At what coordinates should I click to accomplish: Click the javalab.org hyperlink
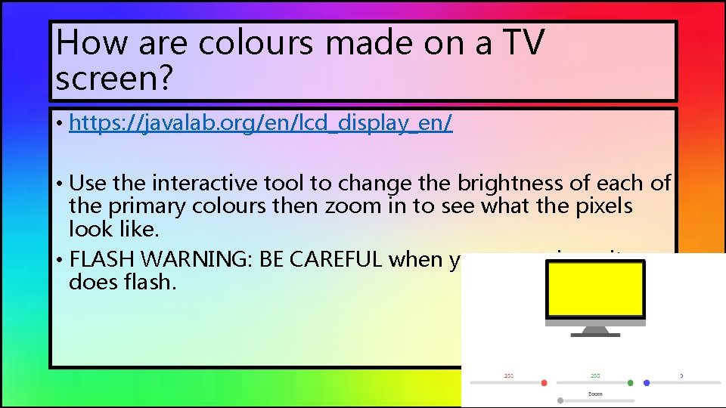click(260, 124)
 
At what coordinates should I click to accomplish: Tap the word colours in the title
click(256, 43)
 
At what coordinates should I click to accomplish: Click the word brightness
click(523, 184)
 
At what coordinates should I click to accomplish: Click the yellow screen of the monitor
click(595, 293)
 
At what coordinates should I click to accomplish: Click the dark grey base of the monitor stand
click(595, 335)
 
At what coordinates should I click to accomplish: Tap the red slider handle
click(544, 383)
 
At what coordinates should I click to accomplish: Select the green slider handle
click(630, 383)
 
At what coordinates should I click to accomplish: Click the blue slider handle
click(647, 383)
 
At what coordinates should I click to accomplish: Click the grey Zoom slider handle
click(560, 400)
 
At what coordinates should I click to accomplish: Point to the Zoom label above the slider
click(595, 394)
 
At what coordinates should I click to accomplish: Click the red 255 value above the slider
click(509, 375)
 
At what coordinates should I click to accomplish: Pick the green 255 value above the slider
click(595, 375)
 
